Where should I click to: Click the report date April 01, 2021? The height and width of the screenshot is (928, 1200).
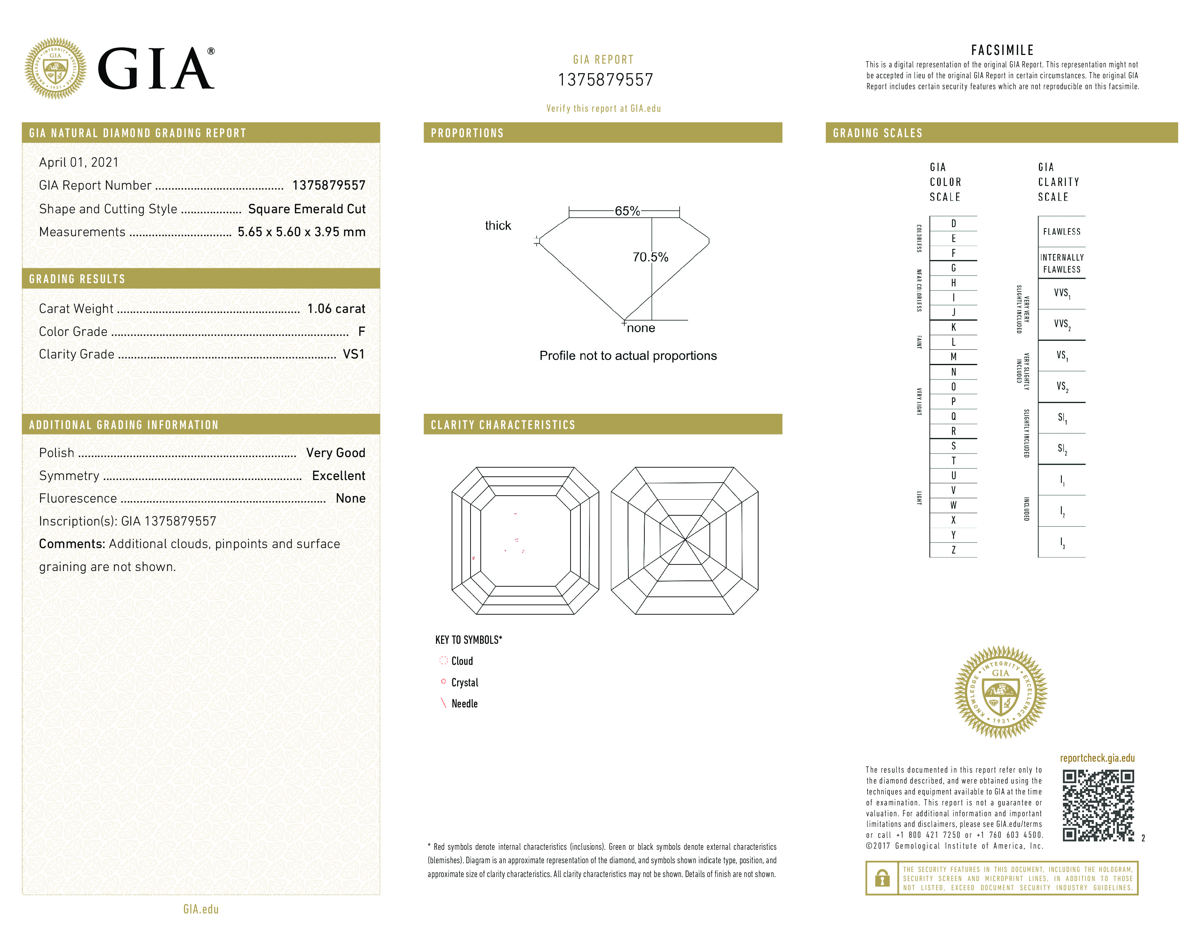click(x=79, y=162)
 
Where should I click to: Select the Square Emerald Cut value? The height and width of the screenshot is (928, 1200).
click(x=307, y=209)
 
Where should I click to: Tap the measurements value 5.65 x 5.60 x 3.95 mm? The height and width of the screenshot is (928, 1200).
click(x=301, y=232)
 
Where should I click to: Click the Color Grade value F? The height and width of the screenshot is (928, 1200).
click(x=361, y=332)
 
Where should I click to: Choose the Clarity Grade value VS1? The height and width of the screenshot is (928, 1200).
click(x=353, y=354)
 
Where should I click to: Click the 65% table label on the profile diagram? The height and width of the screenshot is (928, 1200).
click(x=627, y=211)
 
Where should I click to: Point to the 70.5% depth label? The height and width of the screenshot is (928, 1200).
click(x=650, y=257)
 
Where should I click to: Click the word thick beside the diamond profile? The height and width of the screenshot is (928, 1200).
click(x=498, y=225)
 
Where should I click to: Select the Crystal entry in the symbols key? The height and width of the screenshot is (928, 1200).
click(x=464, y=682)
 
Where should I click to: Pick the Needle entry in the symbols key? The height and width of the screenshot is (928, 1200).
click(x=464, y=704)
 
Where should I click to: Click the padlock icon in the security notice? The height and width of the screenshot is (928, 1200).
click(x=882, y=878)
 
